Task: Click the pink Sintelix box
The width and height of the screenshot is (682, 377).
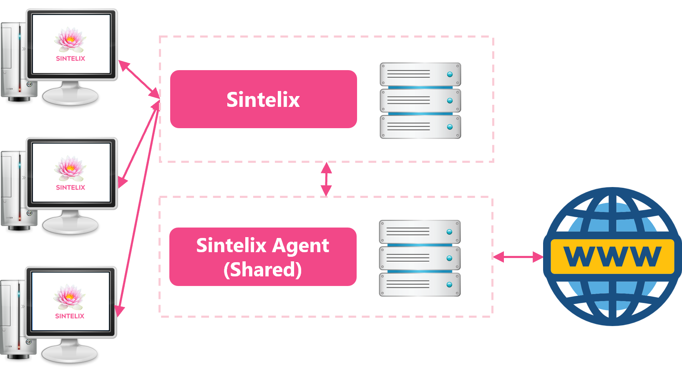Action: (263, 99)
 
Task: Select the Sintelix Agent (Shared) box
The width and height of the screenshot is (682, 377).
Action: (263, 257)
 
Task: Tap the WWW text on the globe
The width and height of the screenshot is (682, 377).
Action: (612, 256)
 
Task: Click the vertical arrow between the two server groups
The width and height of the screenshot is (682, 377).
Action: (326, 180)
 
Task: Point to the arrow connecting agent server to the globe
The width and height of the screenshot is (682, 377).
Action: (518, 257)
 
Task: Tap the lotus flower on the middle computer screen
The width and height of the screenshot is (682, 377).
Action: (70, 169)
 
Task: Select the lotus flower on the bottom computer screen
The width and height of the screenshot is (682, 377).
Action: (69, 297)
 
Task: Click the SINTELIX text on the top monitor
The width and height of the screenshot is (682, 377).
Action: (70, 58)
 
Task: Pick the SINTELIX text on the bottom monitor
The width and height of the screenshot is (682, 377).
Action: (70, 316)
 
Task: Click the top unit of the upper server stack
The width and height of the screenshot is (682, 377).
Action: (420, 74)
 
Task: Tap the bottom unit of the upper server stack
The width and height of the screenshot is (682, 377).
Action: (420, 127)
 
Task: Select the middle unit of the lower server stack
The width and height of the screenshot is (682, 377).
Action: (420, 258)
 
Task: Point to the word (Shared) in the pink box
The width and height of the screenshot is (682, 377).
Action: (262, 270)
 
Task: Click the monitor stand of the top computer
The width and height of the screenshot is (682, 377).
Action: (70, 94)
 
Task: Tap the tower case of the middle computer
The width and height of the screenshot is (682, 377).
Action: (13, 188)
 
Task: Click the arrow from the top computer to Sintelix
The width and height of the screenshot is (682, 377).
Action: (139, 79)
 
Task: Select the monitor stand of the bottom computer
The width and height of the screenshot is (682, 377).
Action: (70, 352)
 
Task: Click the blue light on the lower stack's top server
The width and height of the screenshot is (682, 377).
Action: (449, 232)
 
